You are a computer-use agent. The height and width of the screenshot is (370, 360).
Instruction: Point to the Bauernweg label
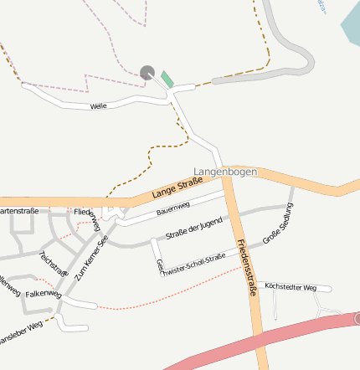pos(173,208)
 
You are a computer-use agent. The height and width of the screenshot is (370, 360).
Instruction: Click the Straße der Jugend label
pos(193,226)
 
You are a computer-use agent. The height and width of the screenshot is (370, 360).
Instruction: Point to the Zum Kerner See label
pos(91,257)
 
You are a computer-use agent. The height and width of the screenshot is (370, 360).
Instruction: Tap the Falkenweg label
pos(44,294)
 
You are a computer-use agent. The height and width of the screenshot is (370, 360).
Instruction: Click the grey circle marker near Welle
pos(147,73)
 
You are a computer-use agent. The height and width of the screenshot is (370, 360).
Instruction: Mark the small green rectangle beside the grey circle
pos(167,80)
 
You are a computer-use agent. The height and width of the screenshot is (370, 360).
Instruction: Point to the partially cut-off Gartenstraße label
pos(18,211)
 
